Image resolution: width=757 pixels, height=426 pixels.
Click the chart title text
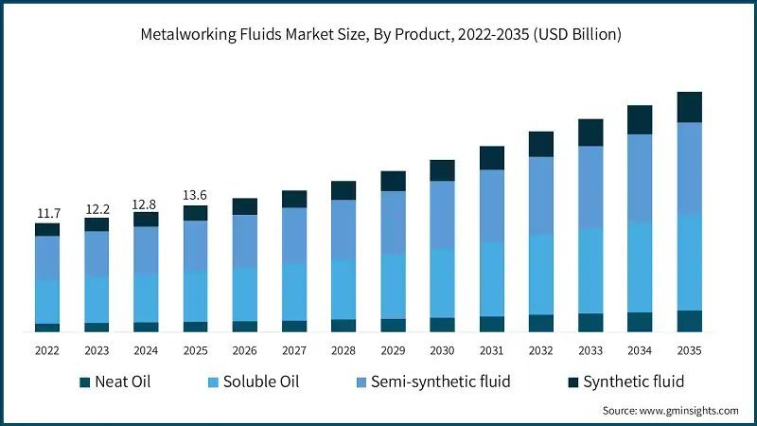click(x=379, y=34)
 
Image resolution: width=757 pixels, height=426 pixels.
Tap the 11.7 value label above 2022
click(x=47, y=213)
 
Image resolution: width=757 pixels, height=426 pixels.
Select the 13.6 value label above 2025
click(x=195, y=195)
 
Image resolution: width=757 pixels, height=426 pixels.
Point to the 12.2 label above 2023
click(x=97, y=208)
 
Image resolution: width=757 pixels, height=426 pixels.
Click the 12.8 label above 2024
click(x=146, y=203)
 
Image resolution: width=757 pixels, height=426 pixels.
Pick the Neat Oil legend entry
click(x=114, y=382)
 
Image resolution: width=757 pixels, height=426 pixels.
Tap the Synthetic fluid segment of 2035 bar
click(x=689, y=107)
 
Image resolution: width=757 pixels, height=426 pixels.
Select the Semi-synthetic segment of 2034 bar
click(x=640, y=178)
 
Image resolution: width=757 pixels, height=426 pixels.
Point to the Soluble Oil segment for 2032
click(x=541, y=275)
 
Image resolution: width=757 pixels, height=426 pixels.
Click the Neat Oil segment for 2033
click(x=590, y=323)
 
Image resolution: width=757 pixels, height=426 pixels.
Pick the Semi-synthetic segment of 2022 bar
click(x=47, y=257)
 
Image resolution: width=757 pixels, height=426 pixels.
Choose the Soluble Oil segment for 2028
click(x=343, y=289)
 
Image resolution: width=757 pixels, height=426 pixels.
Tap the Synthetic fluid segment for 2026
click(x=245, y=206)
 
